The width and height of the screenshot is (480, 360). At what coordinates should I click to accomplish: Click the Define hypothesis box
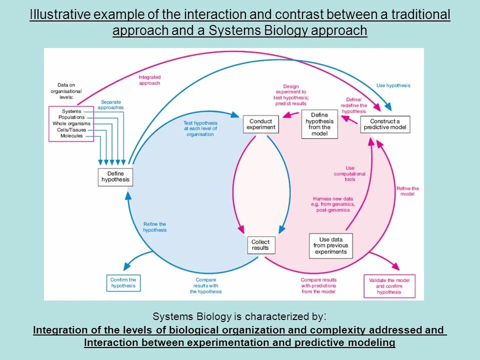tap(115, 177)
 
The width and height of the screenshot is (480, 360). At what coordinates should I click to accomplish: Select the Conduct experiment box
tap(260, 124)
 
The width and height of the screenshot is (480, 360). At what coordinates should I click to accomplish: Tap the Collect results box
tap(260, 245)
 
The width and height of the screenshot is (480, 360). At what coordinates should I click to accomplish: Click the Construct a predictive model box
tap(384, 124)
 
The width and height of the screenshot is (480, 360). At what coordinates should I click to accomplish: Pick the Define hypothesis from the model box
tap(319, 124)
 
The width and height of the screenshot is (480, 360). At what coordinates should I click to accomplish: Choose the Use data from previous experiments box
tap(330, 245)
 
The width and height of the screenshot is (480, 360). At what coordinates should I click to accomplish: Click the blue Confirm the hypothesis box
tap(123, 283)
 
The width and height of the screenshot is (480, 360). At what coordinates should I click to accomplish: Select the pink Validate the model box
tap(389, 286)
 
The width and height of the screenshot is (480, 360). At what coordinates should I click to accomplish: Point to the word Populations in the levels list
tap(71, 117)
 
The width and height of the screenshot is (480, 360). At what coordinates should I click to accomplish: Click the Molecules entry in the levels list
tap(71, 136)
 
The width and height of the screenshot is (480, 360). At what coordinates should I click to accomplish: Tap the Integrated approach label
tap(149, 80)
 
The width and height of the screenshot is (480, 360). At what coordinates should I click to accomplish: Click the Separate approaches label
tap(110, 104)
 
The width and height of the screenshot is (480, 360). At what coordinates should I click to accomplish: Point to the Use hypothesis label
tap(393, 85)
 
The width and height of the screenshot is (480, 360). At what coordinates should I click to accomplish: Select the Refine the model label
tap(407, 191)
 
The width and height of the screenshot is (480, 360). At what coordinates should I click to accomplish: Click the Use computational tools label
tap(350, 173)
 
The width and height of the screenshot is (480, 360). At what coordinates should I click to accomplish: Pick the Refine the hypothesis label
tap(154, 227)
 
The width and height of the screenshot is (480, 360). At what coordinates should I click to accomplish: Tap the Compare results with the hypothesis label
tap(205, 285)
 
